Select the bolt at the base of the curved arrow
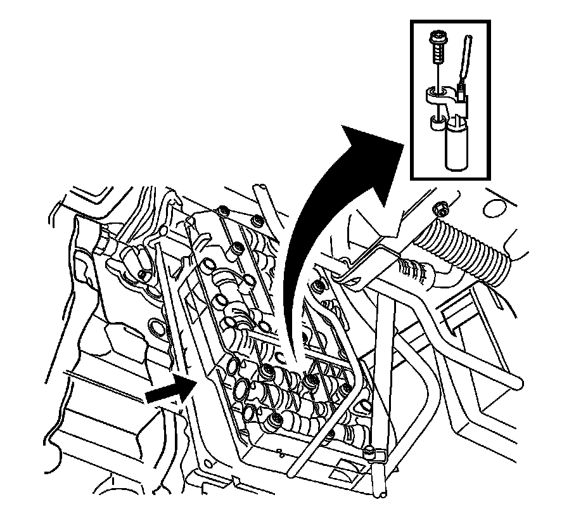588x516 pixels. (x=310, y=381)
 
